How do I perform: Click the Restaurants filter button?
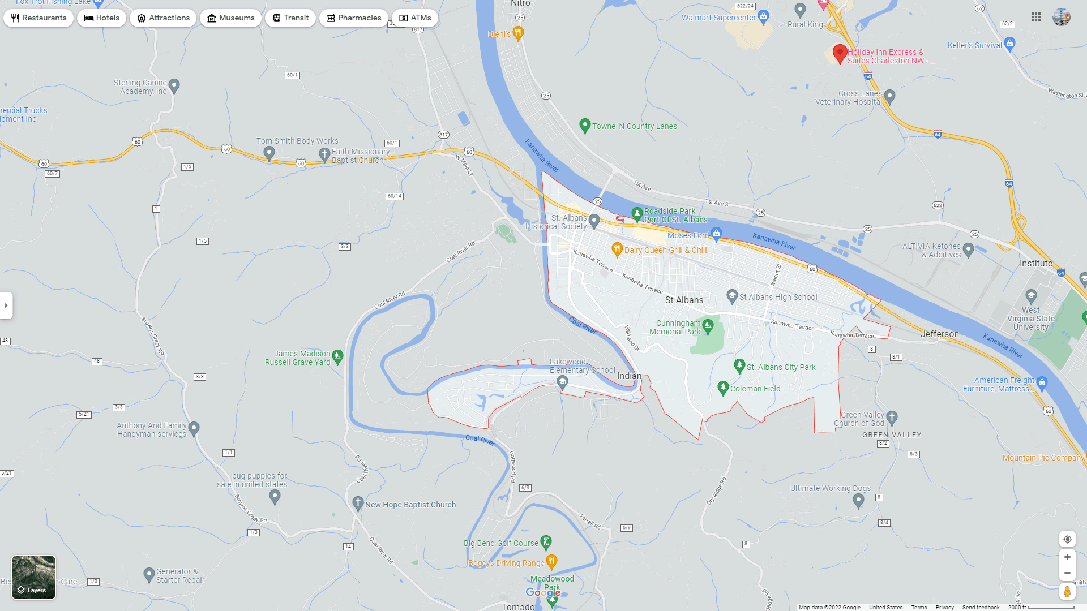coord(38,18)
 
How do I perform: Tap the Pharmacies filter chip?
coord(353,18)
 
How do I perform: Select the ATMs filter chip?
coord(415,18)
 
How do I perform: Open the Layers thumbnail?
coord(34,577)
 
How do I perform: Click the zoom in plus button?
coord(1067,557)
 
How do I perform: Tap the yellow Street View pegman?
coord(1067,592)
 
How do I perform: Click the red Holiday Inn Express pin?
coord(840,54)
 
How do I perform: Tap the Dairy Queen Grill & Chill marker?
coord(617,249)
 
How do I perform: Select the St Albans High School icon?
coord(732,296)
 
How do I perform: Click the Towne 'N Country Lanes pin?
coord(585,126)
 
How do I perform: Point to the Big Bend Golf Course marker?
coord(546,543)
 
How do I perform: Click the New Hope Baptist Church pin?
coord(358,503)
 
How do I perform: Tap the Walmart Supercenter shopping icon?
coord(763,17)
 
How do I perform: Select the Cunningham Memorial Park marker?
coord(708,325)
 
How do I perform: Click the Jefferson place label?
coord(940,334)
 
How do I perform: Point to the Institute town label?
coord(1036,264)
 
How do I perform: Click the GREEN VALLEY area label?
coord(892,435)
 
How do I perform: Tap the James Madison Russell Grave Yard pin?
coord(337,356)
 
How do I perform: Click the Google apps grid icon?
coord(1036,18)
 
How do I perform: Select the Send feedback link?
coord(981,607)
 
